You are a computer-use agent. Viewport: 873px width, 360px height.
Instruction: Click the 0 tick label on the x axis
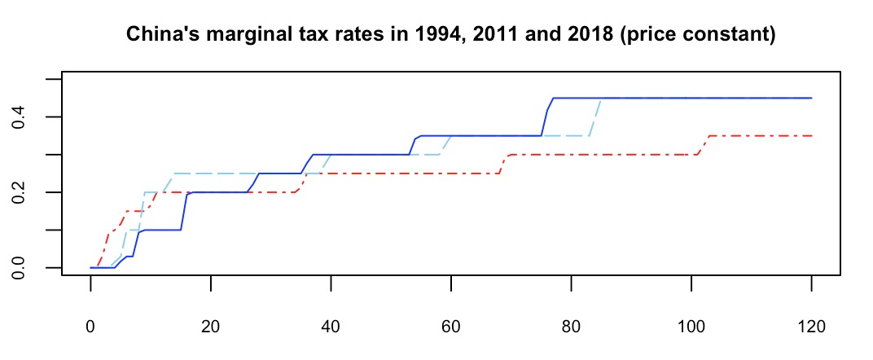(x=90, y=327)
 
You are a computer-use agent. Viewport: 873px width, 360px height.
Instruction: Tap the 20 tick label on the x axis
(x=211, y=327)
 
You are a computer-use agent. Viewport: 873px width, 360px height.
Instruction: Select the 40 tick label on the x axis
(x=331, y=327)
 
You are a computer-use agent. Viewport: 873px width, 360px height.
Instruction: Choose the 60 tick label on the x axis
(x=451, y=327)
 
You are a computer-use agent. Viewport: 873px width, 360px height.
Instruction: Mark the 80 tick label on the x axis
(x=572, y=327)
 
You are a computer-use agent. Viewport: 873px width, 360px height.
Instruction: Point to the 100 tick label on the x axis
(x=691, y=327)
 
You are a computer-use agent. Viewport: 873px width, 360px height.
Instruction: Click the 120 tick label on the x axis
(x=812, y=327)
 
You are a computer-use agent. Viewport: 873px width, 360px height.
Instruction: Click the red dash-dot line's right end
(x=811, y=136)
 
